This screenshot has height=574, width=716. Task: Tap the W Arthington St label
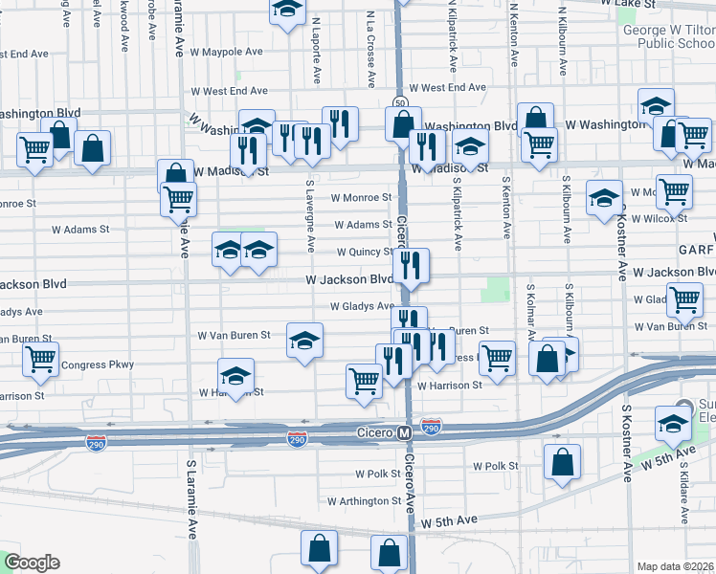[363, 501]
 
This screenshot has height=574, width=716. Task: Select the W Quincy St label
[364, 253]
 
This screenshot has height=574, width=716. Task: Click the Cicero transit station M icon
[404, 433]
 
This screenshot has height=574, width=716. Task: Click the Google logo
[31, 563]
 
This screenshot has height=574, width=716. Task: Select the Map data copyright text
[676, 566]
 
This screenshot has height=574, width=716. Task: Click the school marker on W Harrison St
[236, 376]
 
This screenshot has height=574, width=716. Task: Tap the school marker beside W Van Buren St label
[304, 341]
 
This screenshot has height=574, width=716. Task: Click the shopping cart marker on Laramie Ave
[179, 199]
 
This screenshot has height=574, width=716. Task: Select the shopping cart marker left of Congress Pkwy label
[40, 360]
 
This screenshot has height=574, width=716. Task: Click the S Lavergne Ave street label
[310, 216]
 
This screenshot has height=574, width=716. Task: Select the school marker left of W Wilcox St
[604, 198]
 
